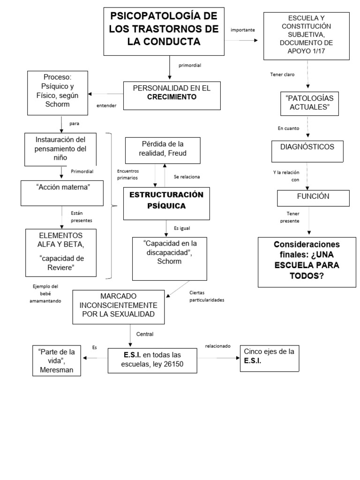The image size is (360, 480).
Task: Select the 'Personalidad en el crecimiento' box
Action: [172, 96]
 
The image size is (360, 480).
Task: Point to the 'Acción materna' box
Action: [63, 193]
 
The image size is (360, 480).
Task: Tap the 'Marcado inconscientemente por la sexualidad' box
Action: [119, 307]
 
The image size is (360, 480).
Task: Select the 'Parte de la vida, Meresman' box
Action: [57, 360]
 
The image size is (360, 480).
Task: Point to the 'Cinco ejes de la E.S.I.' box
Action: [269, 359]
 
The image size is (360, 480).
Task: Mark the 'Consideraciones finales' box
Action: [307, 262]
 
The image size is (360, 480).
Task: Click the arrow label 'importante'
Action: [243, 30]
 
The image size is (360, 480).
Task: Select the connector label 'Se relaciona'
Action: [187, 177]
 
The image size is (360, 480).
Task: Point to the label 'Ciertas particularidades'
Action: [207, 296]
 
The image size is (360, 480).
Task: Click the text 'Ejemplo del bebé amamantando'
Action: [47, 293]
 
